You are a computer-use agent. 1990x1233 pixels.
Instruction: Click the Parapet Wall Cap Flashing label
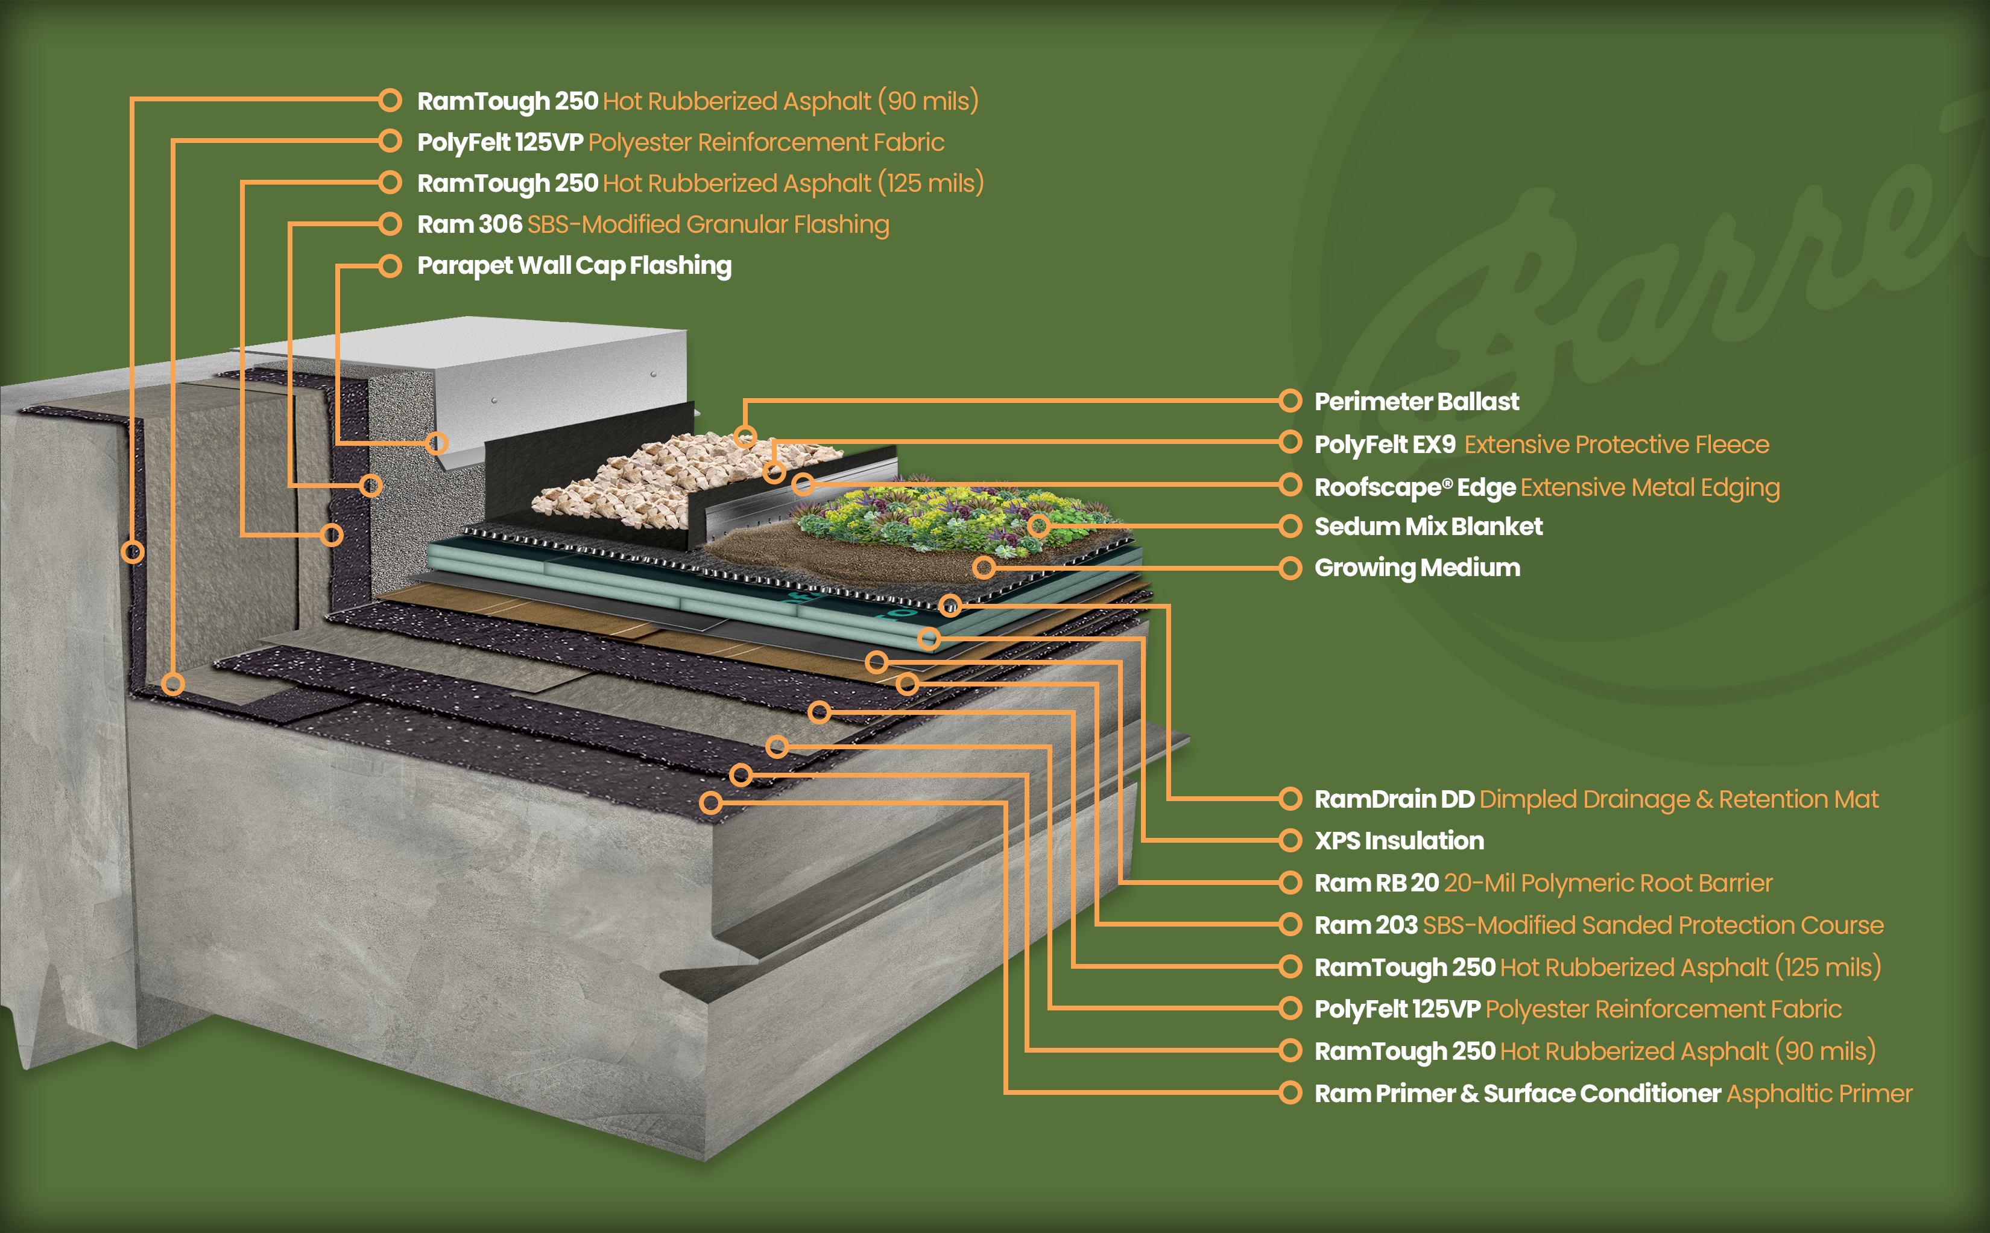pos(574,266)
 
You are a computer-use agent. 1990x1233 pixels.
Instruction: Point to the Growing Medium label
pos(1417,568)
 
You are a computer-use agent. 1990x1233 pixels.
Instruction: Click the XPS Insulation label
pos(1399,841)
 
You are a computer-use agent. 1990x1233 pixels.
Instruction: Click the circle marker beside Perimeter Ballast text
pos(1290,401)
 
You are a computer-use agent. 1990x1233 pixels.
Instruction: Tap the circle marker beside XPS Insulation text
pos(1290,841)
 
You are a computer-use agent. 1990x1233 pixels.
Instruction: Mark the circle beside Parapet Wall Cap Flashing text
pos(391,266)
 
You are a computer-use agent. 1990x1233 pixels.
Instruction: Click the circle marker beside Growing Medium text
pos(1290,568)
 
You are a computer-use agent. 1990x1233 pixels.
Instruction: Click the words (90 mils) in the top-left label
pos(927,101)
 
